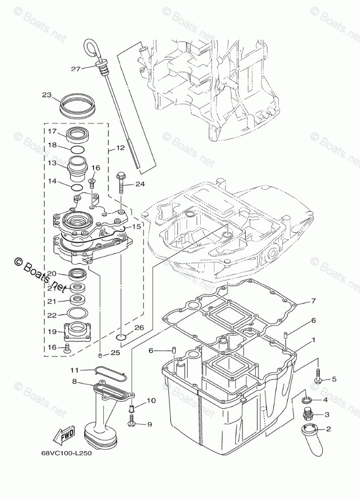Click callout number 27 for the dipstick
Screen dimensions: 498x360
(x=76, y=69)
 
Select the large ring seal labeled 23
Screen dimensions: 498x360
(x=78, y=104)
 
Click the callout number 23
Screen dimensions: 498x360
(x=47, y=95)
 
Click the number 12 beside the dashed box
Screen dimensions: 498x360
(x=119, y=148)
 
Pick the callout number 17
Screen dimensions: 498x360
(x=52, y=131)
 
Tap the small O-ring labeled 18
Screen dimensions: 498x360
(x=77, y=150)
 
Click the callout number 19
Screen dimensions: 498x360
(x=52, y=332)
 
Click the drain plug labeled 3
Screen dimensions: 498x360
(x=308, y=414)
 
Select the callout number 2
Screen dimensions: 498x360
(x=328, y=429)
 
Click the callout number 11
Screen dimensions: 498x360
(x=75, y=370)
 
